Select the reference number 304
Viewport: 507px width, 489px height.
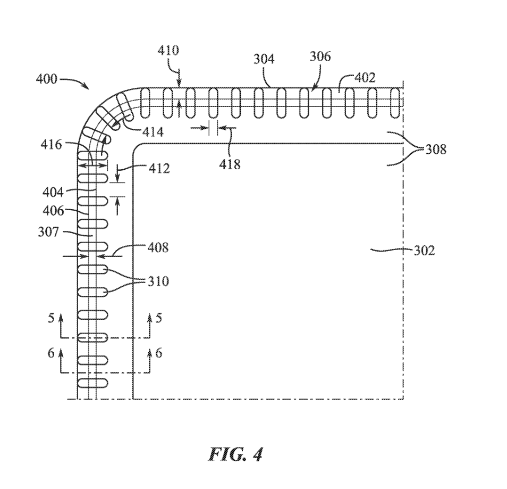pyautogui.click(x=264, y=59)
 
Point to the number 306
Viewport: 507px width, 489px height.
pyautogui.click(x=320, y=56)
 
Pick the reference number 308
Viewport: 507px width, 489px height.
pyautogui.click(x=435, y=150)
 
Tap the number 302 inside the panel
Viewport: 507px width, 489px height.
pyautogui.click(x=424, y=251)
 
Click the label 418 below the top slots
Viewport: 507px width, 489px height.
pyautogui.click(x=230, y=164)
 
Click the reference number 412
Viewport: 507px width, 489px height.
pyautogui.click(x=159, y=169)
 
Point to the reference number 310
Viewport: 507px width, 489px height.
pyautogui.click(x=158, y=280)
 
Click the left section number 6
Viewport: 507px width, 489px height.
pyautogui.click(x=51, y=353)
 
